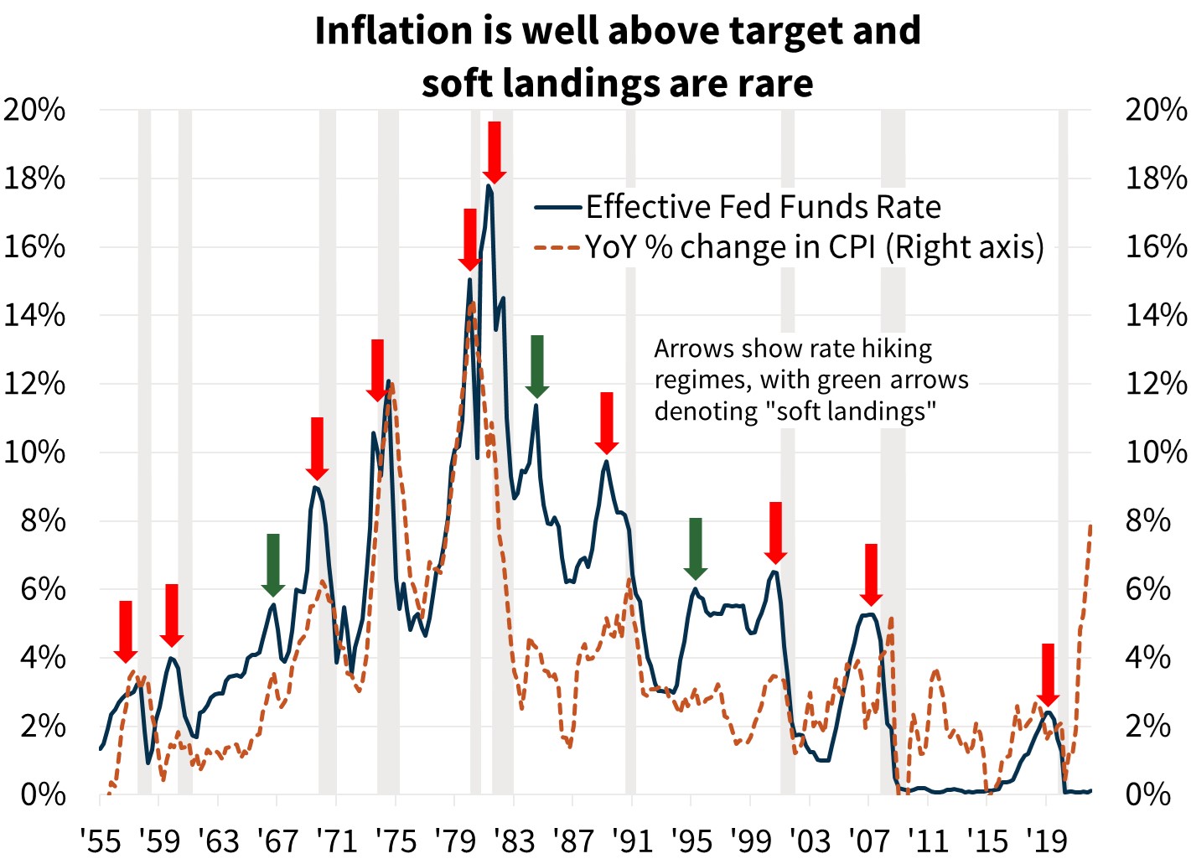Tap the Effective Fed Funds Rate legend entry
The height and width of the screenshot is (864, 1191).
tap(763, 207)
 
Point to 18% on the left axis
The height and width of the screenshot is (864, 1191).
tap(34, 178)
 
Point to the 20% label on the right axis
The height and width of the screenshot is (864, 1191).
tap(1156, 110)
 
